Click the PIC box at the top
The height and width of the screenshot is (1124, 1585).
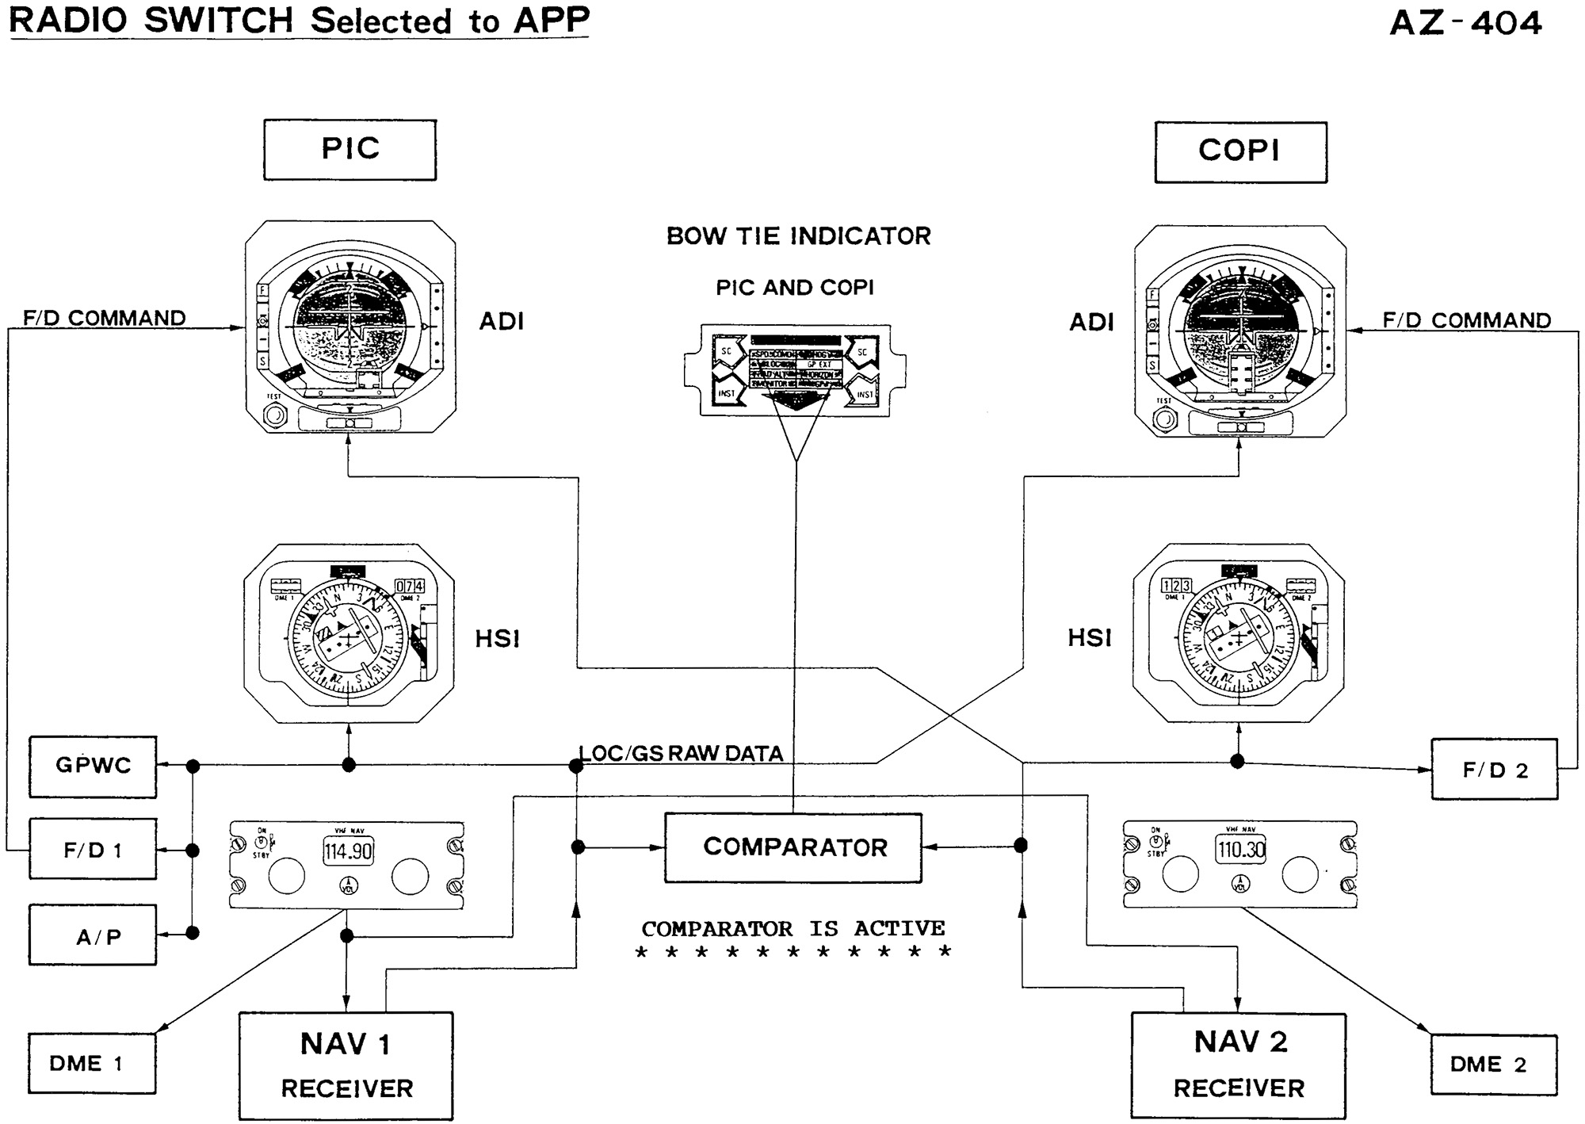pos(349,150)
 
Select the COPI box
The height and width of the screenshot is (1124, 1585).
pos(1240,151)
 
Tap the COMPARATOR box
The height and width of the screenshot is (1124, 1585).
pos(793,847)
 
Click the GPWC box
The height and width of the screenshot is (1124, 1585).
pos(93,766)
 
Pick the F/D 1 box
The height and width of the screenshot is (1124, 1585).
pos(93,850)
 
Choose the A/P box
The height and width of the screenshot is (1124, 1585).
pos(93,936)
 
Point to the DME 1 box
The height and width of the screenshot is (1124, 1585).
pos(92,1063)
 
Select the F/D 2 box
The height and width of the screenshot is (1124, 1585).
pos(1494,770)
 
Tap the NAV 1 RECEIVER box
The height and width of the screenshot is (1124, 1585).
pos(346,1065)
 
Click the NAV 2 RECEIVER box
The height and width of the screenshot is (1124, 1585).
pos(1239,1065)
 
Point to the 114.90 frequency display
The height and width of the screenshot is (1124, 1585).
pos(348,852)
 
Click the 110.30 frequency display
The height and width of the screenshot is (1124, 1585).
pos(1241,850)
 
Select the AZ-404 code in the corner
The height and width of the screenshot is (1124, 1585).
pos(1465,23)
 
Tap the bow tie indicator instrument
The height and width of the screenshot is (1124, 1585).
pos(795,370)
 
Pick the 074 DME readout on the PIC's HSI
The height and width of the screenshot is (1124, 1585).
pos(410,587)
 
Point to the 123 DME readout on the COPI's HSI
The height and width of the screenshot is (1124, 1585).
pos(1176,586)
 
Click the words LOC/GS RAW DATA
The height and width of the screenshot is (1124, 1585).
pos(681,753)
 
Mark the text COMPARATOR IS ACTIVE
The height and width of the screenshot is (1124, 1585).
pos(793,928)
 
